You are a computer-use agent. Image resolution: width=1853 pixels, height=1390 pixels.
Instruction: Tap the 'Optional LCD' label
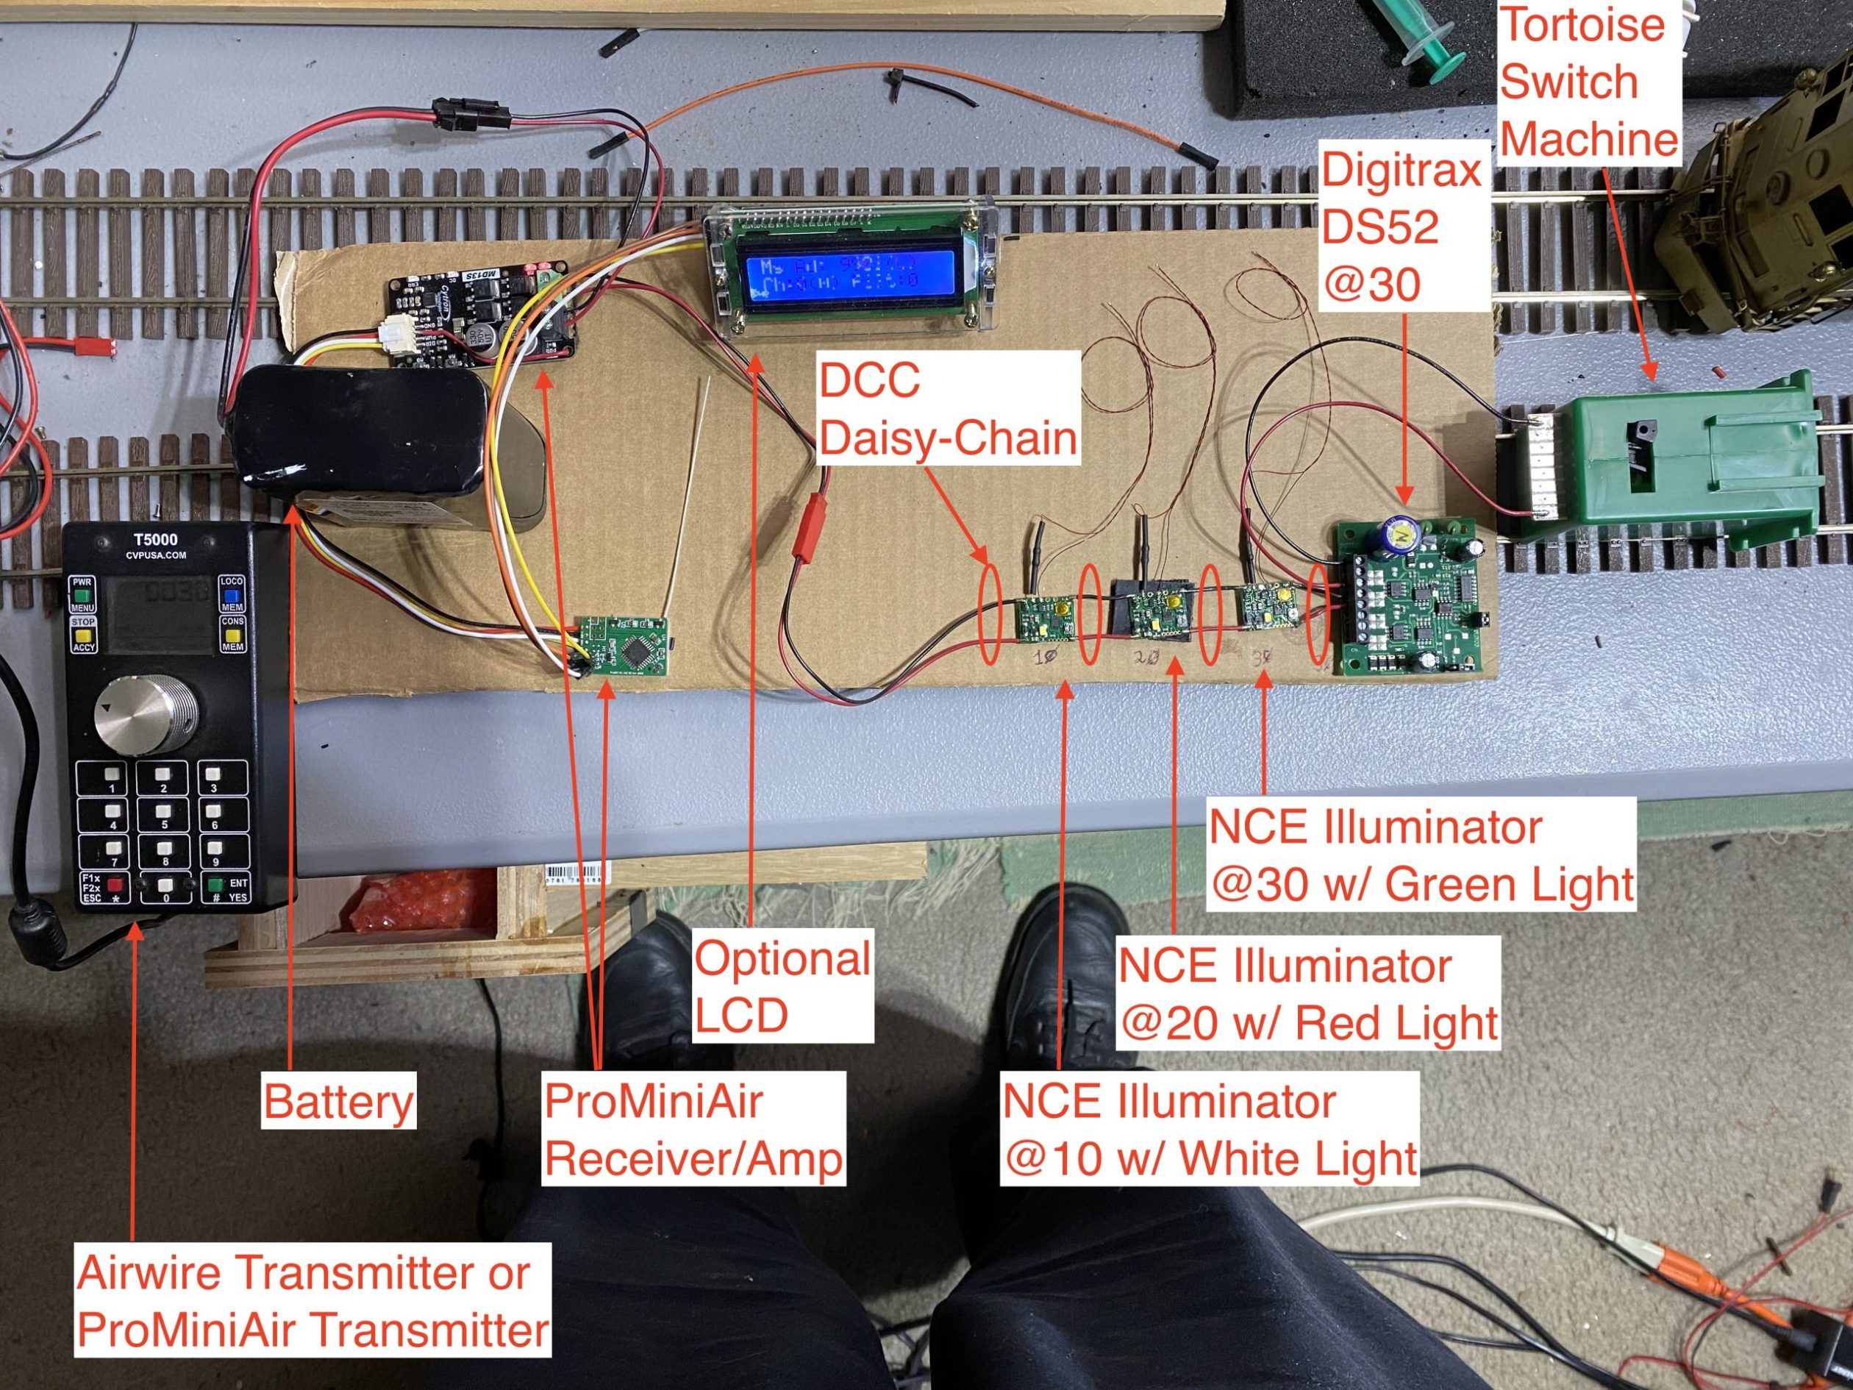(782, 986)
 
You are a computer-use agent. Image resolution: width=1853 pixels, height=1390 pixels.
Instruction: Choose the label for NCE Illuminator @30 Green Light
(1421, 856)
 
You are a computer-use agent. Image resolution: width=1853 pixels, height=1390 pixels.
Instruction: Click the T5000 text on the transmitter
(155, 540)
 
